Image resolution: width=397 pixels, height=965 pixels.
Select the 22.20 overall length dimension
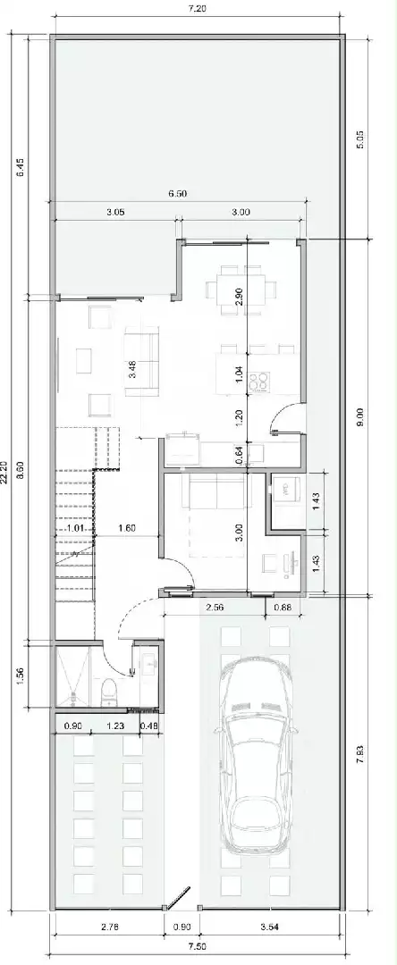coord(5,473)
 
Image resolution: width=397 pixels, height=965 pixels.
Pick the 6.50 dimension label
coord(177,194)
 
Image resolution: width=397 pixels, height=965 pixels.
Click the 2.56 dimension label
coord(215,607)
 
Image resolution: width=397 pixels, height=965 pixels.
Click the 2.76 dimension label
coord(108,927)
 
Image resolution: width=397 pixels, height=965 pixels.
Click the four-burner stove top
coord(259,382)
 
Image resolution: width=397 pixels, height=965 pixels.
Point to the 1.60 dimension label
coord(127,527)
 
